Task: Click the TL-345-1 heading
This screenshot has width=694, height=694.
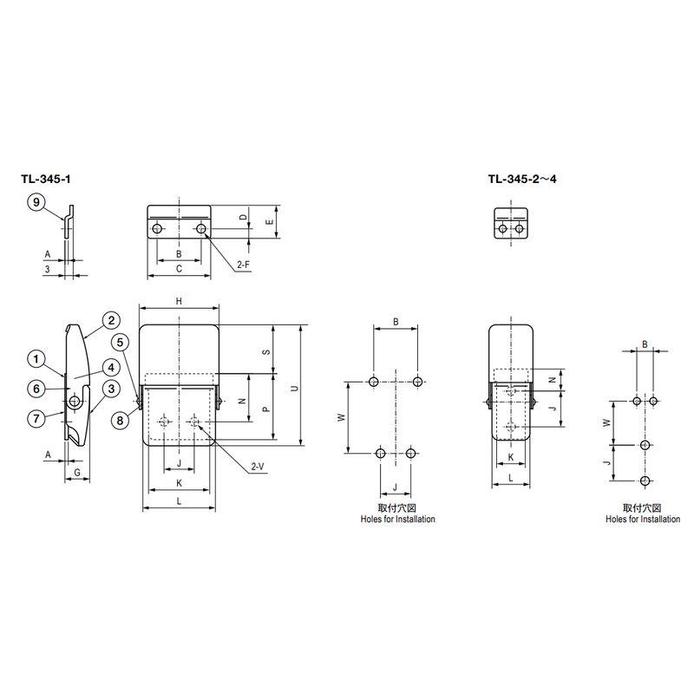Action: [x=46, y=180]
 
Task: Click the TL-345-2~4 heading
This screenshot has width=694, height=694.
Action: [x=522, y=180]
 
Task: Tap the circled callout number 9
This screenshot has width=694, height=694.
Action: [x=36, y=202]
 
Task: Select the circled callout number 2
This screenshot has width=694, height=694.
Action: [x=111, y=320]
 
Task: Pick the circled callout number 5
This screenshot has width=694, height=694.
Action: [x=120, y=342]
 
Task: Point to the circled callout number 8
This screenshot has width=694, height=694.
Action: [x=120, y=420]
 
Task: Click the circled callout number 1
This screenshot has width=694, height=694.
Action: [x=36, y=358]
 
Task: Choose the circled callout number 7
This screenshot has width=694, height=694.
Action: [x=36, y=418]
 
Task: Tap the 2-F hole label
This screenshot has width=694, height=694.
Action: [x=243, y=265]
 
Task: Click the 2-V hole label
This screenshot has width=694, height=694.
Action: [x=258, y=466]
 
